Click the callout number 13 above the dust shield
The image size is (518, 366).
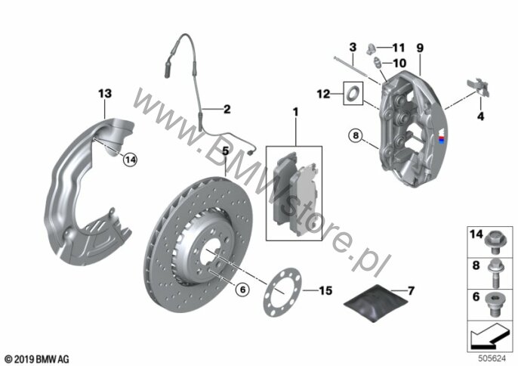pyautogui.click(x=105, y=94)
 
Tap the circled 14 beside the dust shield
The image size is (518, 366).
pyautogui.click(x=130, y=160)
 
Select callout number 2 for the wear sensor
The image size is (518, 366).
pyautogui.click(x=227, y=109)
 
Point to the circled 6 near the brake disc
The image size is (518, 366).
pyautogui.click(x=243, y=290)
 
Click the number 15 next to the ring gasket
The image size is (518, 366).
pyautogui.click(x=325, y=290)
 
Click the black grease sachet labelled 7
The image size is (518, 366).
pyautogui.click(x=375, y=302)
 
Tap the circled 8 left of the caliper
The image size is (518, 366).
pyautogui.click(x=356, y=135)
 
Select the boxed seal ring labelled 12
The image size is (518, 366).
pyautogui.click(x=353, y=93)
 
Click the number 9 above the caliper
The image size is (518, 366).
pyautogui.click(x=420, y=48)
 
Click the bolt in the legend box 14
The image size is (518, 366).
pyautogui.click(x=494, y=243)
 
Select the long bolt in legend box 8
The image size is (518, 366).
pyautogui.click(x=495, y=273)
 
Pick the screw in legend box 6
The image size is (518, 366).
pyautogui.click(x=494, y=304)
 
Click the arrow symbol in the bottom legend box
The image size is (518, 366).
pyautogui.click(x=490, y=336)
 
